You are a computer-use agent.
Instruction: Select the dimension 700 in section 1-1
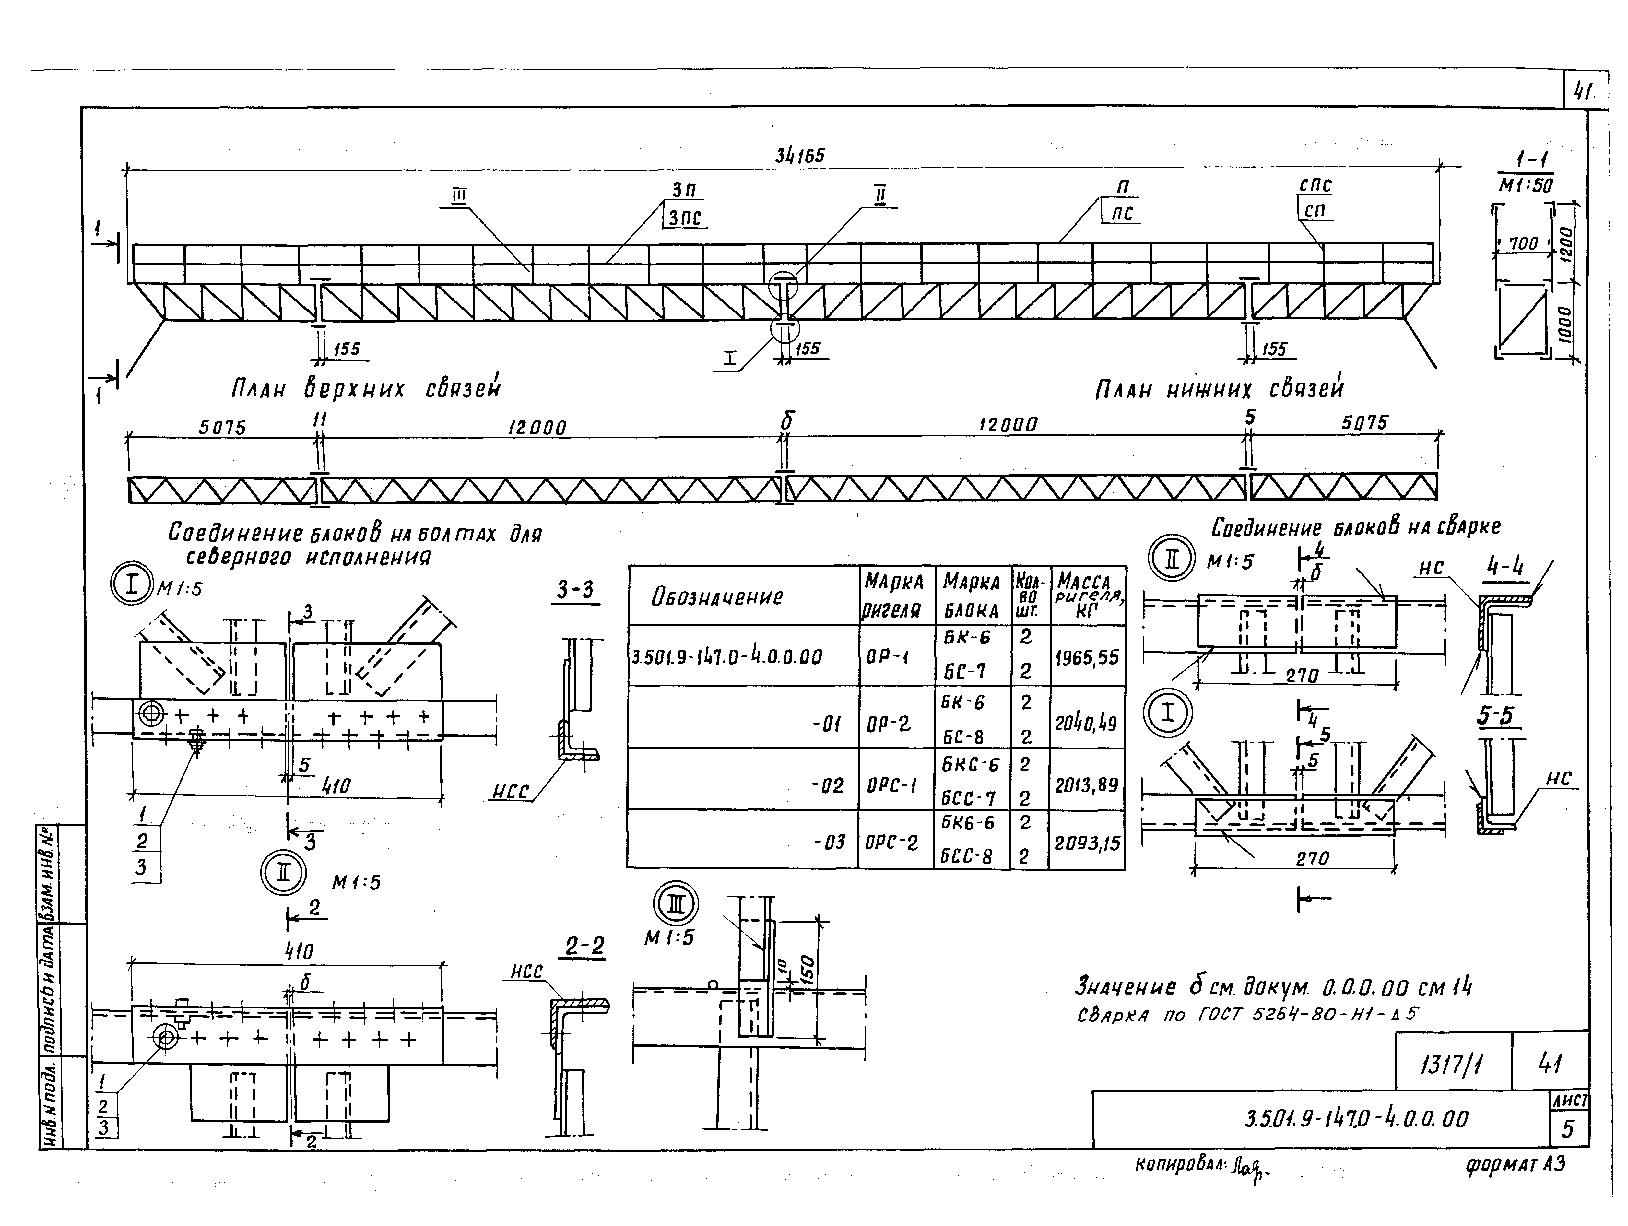click(x=1522, y=243)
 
